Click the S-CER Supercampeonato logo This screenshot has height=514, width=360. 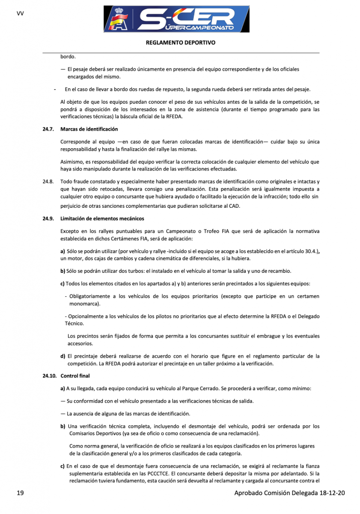coord(177,19)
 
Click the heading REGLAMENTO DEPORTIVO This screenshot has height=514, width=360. coord(180,43)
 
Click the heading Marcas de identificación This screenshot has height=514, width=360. coord(89,129)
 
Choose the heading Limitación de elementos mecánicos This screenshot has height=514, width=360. coord(102,219)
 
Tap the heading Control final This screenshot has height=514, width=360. coord(75,376)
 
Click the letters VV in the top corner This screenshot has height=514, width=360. coord(20,13)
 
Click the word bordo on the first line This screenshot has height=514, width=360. coord(68,56)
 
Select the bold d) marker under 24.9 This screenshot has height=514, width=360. coord(63,356)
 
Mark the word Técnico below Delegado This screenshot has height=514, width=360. coord(74,324)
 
